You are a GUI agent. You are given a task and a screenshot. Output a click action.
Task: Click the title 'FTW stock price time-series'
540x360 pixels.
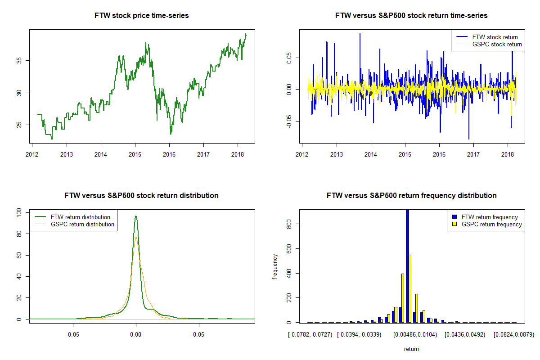[142, 16]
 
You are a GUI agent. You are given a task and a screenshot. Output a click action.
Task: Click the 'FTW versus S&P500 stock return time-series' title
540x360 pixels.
[411, 16]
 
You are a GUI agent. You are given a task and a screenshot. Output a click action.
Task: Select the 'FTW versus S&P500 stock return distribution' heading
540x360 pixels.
[142, 196]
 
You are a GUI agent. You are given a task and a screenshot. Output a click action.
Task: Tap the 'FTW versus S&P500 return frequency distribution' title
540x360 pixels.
[411, 196]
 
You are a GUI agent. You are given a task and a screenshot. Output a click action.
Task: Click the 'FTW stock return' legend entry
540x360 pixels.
[495, 37]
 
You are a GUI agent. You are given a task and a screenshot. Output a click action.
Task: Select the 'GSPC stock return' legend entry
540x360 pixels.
[497, 44]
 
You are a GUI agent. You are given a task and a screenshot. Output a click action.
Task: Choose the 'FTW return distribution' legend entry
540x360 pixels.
[81, 217]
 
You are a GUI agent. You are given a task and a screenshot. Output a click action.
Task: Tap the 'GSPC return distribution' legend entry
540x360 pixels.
[82, 224]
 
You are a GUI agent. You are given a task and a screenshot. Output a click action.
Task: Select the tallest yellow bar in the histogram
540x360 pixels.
[410, 288]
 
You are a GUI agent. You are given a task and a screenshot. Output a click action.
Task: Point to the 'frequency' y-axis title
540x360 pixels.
[275, 266]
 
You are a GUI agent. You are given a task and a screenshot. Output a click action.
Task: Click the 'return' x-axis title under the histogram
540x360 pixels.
[411, 349]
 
